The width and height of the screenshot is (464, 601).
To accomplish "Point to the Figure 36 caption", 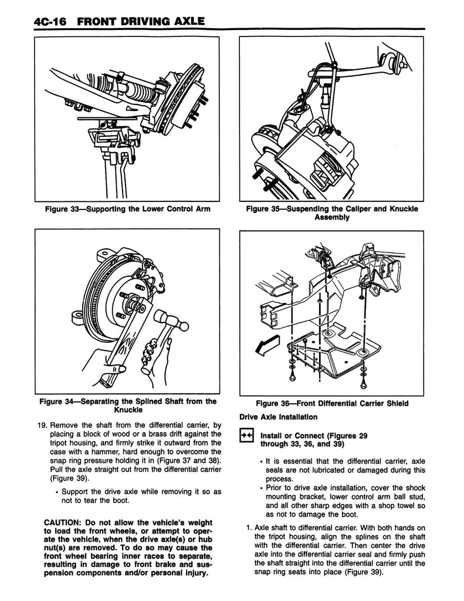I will (x=332, y=403).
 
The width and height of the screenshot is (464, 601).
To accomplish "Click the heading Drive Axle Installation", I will (x=279, y=417).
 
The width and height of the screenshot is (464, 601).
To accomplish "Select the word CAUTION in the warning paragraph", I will (x=66, y=523).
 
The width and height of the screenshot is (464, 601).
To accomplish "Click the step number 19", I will (x=40, y=425).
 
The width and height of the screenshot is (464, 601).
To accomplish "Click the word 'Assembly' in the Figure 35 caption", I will (x=332, y=217).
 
